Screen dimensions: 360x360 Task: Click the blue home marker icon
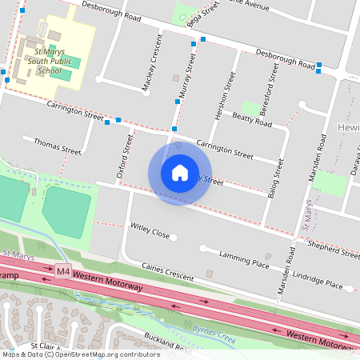(x=180, y=174)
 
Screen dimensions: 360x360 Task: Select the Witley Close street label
(x=150, y=232)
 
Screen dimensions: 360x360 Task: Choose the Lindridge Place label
(x=318, y=281)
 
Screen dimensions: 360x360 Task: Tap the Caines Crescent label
(x=166, y=271)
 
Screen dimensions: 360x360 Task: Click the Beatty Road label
(x=252, y=120)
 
